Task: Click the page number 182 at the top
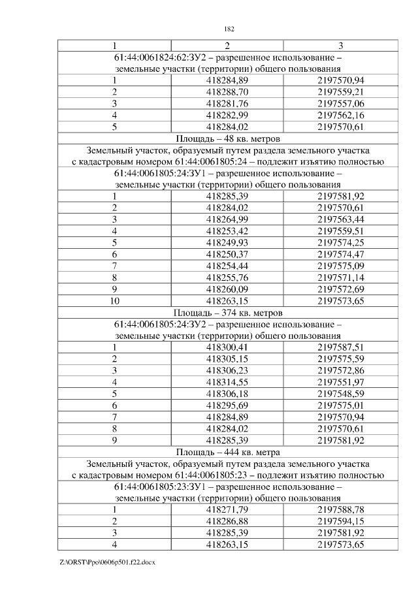point(229,29)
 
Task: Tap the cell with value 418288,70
point(227,92)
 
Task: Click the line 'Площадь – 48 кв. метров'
point(228,138)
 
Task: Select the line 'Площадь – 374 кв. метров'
point(228,312)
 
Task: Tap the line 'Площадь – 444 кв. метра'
point(228,451)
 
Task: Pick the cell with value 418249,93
point(227,242)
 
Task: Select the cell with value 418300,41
point(227,347)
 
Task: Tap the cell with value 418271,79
point(227,509)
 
